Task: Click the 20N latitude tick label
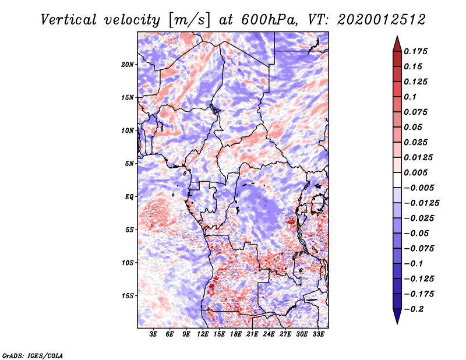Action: click(x=128, y=64)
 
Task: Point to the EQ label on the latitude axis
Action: click(x=129, y=197)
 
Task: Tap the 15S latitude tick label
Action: click(x=128, y=296)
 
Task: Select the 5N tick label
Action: click(x=129, y=164)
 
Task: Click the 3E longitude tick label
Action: click(x=154, y=334)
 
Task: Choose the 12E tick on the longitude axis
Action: click(x=203, y=334)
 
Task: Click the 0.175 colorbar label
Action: click(x=417, y=51)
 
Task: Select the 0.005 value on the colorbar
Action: click(x=417, y=172)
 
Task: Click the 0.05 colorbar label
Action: click(x=414, y=127)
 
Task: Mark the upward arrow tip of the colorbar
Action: click(x=396, y=38)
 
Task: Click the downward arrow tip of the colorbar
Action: click(x=396, y=322)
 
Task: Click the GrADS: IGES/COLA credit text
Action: click(x=33, y=355)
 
